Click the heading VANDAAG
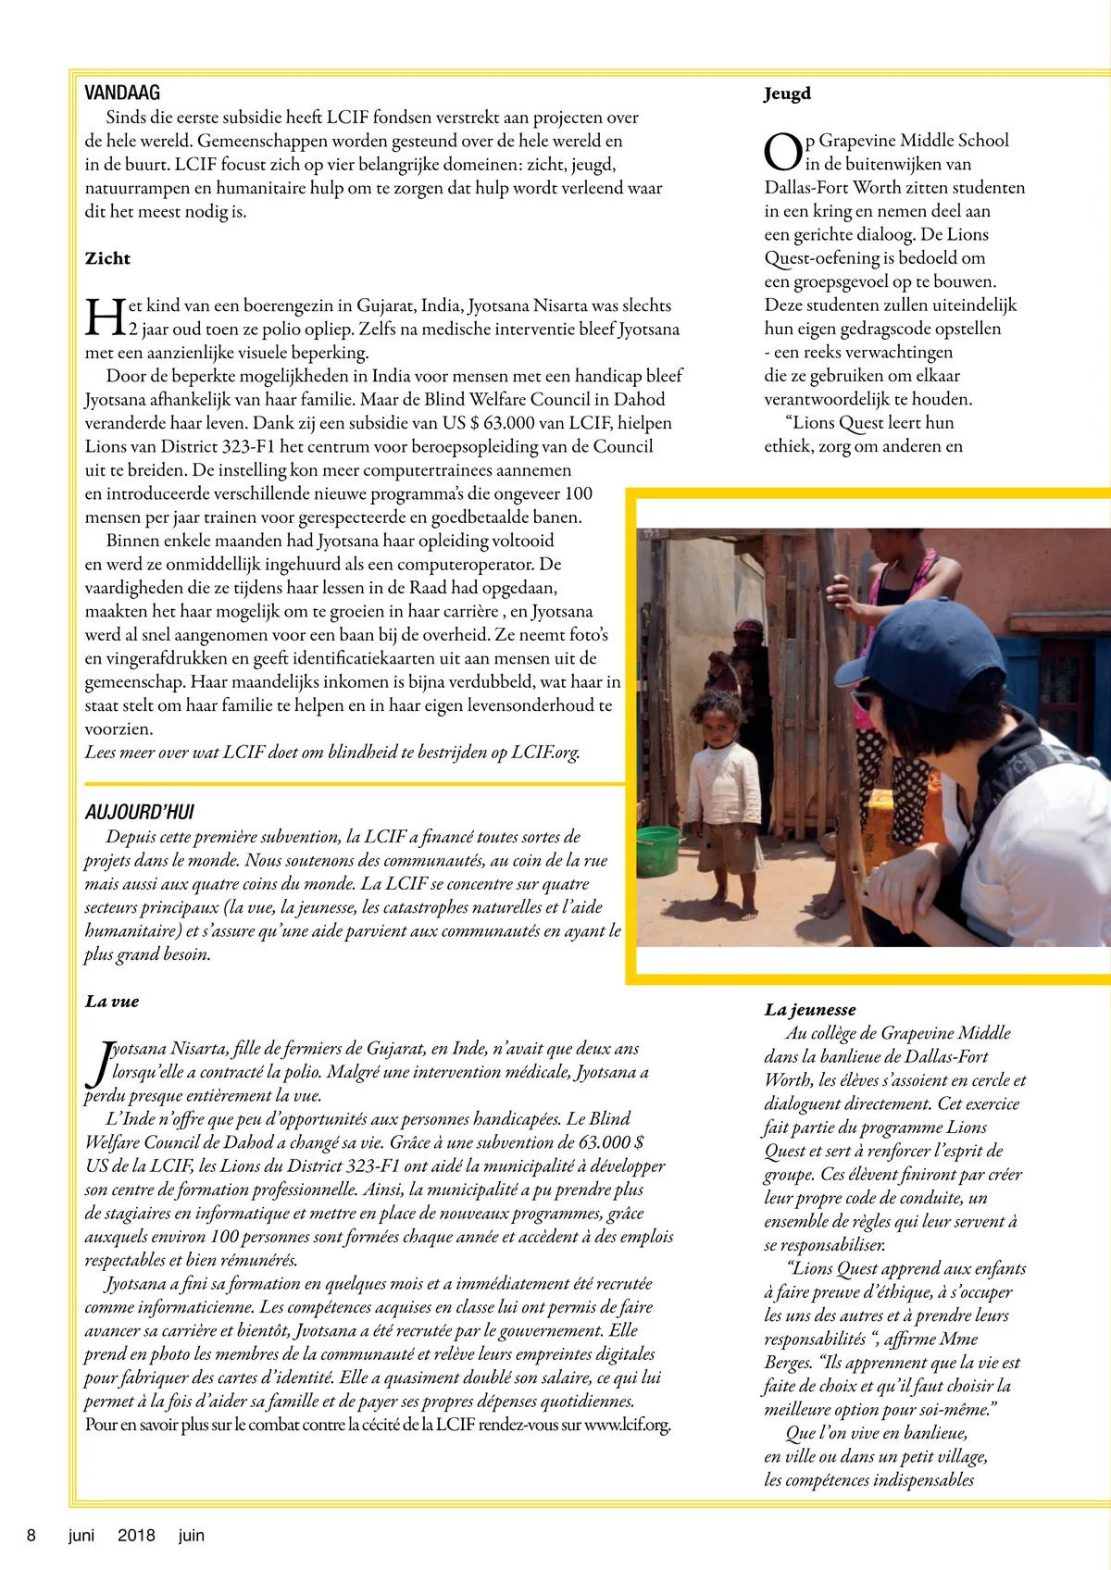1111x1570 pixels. [122, 93]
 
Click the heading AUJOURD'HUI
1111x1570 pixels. [140, 812]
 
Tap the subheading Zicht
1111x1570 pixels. [107, 258]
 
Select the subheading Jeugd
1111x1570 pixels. [787, 93]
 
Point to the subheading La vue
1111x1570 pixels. [112, 1002]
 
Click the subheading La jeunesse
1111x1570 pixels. [810, 1010]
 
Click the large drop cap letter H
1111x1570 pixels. [105, 317]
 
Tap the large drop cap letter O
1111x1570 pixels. [782, 152]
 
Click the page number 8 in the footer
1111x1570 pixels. [31, 1536]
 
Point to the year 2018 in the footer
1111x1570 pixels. [136, 1536]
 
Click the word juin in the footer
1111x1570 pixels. [192, 1536]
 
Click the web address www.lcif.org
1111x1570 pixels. [627, 1425]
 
